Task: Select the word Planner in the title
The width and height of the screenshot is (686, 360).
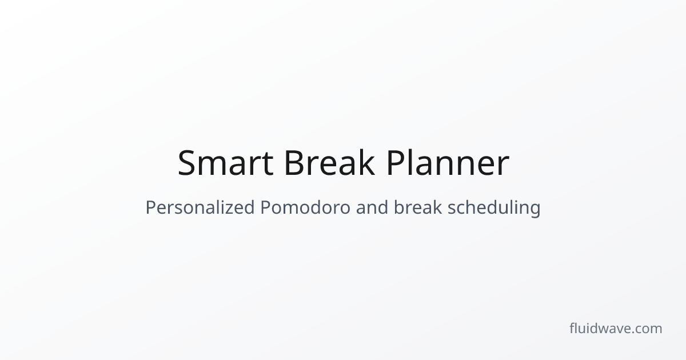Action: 447,163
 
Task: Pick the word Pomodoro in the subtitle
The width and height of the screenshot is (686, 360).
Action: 305,207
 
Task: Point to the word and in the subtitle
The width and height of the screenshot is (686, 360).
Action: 372,207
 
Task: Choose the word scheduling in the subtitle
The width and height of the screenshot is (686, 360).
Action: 494,209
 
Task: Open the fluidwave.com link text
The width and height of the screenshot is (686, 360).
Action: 616,329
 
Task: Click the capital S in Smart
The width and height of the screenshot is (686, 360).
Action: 188,164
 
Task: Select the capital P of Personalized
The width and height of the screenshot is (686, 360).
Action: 150,207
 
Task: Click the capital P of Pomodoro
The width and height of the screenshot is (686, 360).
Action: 265,207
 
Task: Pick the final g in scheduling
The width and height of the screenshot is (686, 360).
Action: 535,210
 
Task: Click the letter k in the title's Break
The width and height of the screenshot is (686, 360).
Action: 367,163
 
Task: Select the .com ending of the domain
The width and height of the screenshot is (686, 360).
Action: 649,329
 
